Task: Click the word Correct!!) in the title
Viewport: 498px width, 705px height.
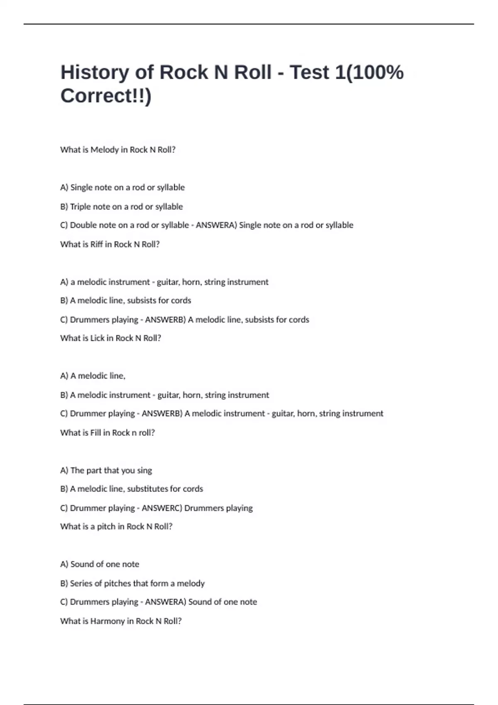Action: click(x=106, y=96)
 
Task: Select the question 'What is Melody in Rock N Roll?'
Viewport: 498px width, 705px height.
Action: click(x=118, y=150)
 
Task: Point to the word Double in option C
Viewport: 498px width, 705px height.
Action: click(x=83, y=225)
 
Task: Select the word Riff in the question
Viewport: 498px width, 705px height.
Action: click(x=96, y=244)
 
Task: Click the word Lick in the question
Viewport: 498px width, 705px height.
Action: click(x=98, y=338)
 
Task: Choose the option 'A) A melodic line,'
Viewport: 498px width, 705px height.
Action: click(x=93, y=376)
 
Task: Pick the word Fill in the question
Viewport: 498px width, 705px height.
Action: click(x=95, y=433)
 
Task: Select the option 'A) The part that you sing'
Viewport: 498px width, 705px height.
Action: click(x=106, y=470)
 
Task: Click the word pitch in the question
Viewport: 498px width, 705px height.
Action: click(x=106, y=527)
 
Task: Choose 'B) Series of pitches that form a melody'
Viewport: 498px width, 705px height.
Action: click(x=132, y=583)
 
